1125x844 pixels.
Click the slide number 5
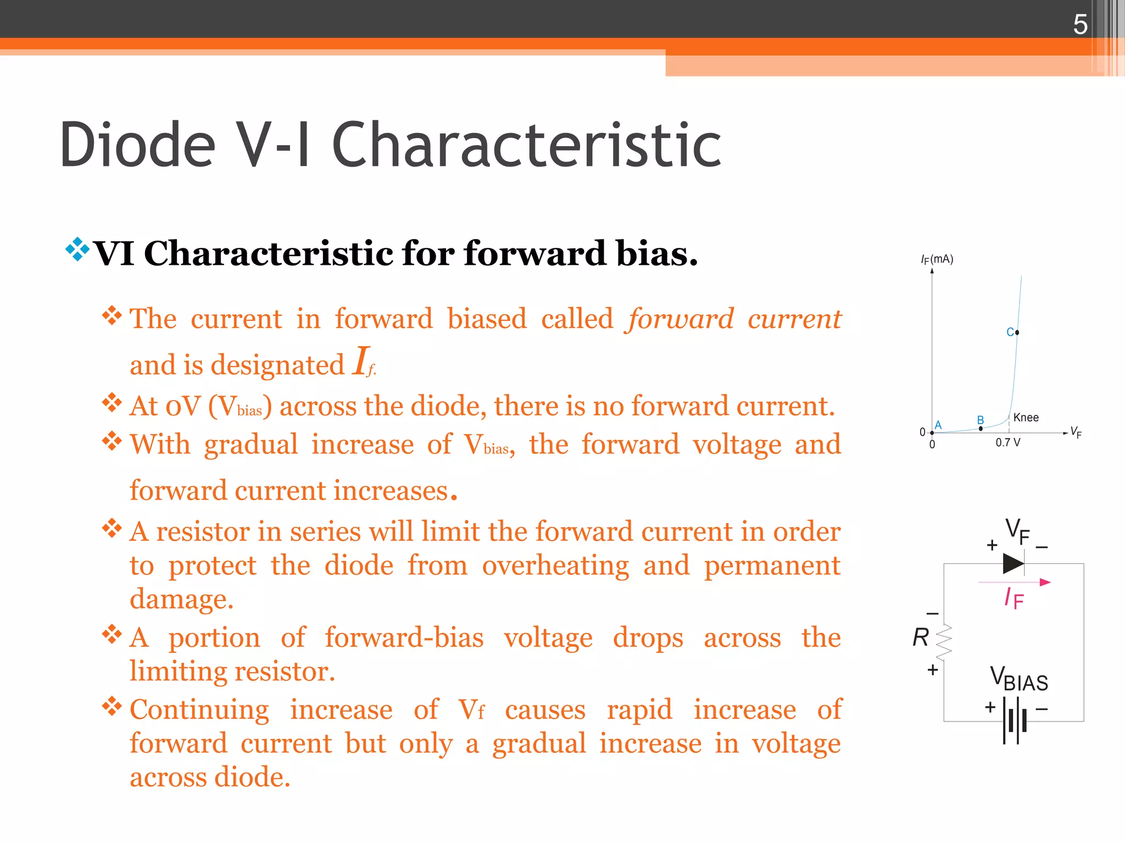pos(1080,25)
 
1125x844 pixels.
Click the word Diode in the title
pos(137,145)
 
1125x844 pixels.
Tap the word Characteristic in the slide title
pos(526,145)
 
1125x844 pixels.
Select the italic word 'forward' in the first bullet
pos(681,319)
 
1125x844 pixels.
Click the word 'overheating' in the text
pos(555,566)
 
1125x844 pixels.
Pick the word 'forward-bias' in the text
pos(404,638)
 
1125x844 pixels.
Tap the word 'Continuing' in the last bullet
pos(199,710)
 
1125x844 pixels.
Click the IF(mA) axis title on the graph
pos(937,259)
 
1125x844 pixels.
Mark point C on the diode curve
pos(1017,332)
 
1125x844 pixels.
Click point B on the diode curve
pos(981,428)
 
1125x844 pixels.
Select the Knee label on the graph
pos(1026,418)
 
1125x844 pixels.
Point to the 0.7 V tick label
pos(1008,443)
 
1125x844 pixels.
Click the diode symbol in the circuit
pos(1013,563)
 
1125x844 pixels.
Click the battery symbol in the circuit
pos(1014,720)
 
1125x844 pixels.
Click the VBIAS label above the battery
pos(1019,679)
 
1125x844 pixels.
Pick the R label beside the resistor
pos(920,638)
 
